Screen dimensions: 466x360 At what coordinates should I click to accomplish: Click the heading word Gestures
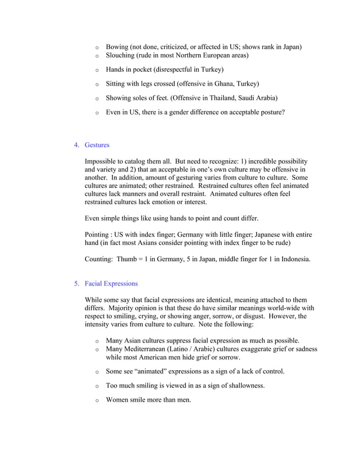[97, 145]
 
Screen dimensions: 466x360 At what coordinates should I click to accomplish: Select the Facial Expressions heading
[111, 283]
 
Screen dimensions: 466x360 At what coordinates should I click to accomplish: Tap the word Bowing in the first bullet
[117, 46]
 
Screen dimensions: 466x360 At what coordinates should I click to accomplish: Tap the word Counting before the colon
[99, 259]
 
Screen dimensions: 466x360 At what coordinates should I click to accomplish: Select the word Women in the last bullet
[118, 400]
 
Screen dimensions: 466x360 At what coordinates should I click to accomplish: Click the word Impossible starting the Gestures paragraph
[102, 161]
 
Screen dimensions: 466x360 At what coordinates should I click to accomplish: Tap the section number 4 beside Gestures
[76, 145]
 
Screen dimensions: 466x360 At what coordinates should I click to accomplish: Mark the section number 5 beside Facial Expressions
[76, 283]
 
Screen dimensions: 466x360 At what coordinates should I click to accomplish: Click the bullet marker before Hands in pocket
[97, 70]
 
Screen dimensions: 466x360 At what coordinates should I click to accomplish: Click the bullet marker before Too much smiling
[97, 386]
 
